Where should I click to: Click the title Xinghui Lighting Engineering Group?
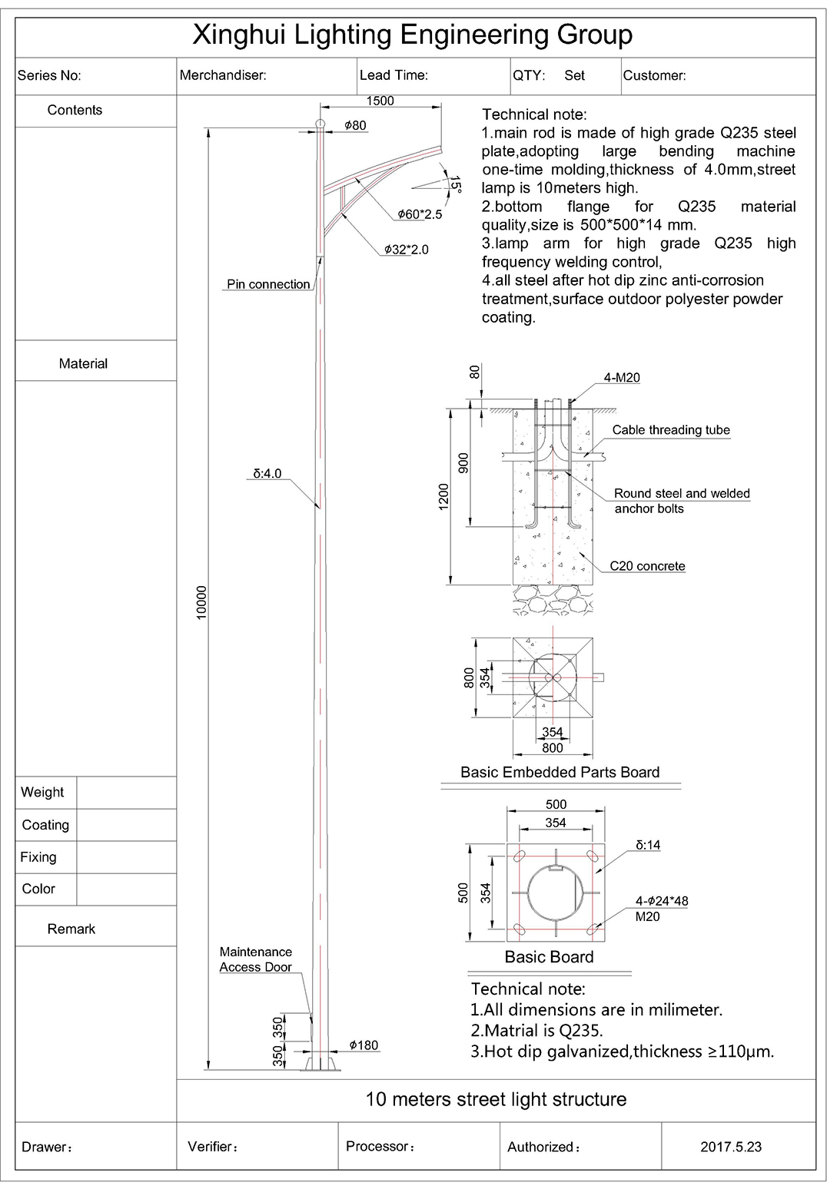click(412, 35)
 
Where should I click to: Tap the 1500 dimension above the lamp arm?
click(380, 101)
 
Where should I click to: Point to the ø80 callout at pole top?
click(355, 125)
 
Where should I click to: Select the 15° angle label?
click(455, 184)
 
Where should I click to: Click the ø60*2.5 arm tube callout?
click(420, 214)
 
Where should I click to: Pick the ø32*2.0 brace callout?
click(407, 250)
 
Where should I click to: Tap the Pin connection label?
click(268, 284)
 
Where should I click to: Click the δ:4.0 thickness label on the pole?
click(267, 474)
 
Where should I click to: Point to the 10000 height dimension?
click(202, 602)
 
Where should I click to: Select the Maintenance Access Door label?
click(256, 959)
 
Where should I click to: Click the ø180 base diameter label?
click(364, 1045)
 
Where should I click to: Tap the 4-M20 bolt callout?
click(622, 378)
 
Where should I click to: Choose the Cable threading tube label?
click(671, 430)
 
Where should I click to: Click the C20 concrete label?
click(647, 566)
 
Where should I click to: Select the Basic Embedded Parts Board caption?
click(560, 773)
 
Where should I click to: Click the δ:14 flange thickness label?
click(648, 845)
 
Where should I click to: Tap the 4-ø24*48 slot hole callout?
click(661, 901)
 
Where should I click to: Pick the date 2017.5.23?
click(731, 1147)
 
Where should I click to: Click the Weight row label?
click(43, 793)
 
